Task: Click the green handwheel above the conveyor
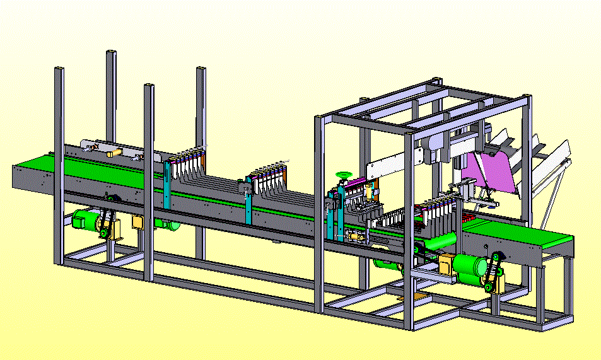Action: tap(344, 174)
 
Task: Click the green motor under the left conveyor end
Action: tap(85, 219)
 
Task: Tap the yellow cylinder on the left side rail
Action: tap(114, 153)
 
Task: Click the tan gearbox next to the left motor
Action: tap(137, 223)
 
